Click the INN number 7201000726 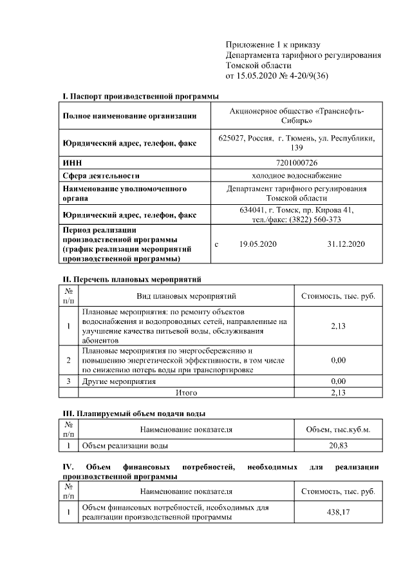pos(296,163)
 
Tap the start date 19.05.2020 pos(257,244)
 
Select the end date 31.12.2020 pos(346,244)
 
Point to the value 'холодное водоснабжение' pos(296,175)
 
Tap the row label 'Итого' pos(187,392)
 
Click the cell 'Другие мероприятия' pos(119,381)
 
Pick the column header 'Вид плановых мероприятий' pos(187,296)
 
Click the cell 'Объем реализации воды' pos(126,445)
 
